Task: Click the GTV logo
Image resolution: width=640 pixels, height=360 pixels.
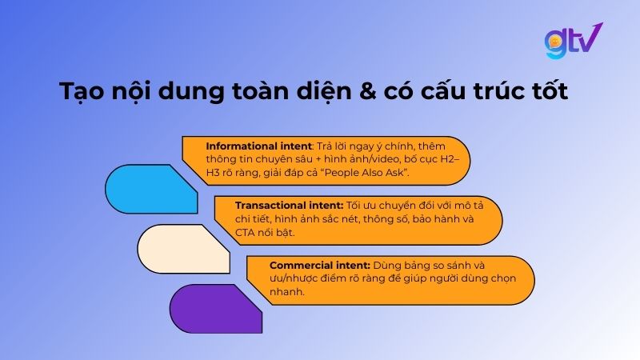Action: coord(572,41)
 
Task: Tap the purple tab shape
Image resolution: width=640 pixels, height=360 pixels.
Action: coord(214,308)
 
